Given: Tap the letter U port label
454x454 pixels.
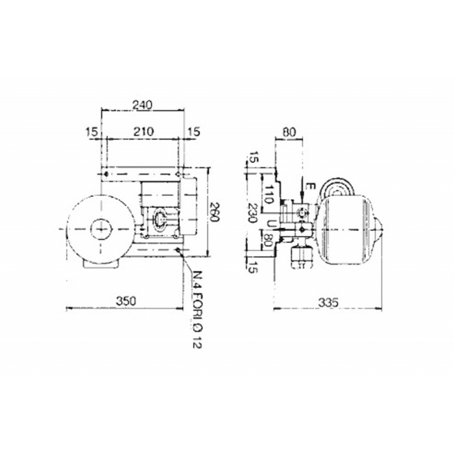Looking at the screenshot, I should click(269, 223).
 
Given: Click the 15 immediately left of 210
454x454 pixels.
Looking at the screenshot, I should click(91, 131).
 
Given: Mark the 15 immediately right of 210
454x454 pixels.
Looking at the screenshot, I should click(193, 131).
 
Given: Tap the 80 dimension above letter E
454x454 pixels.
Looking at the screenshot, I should click(289, 132).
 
